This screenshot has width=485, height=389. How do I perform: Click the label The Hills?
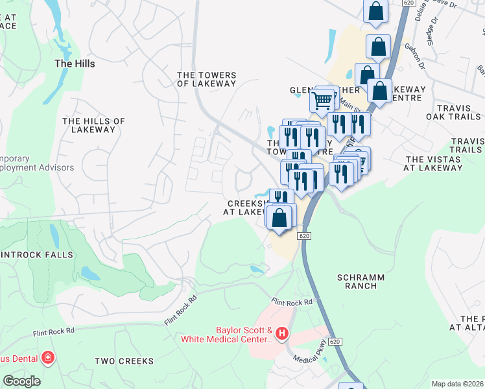point(75,64)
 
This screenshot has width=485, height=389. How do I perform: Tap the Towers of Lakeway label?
point(207,79)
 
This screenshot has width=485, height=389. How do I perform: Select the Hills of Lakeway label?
point(93,125)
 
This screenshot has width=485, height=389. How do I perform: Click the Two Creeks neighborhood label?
point(124,361)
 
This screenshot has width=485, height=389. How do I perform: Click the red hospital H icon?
point(282,334)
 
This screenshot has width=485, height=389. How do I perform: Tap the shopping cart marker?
point(322,100)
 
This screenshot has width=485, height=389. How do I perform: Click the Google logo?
point(21,381)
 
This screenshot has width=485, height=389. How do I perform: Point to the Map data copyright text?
point(458,384)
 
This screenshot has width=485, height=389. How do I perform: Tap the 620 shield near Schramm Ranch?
point(305,237)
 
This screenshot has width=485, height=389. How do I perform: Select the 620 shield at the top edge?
point(407,3)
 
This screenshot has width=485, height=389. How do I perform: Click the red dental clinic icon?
point(47,357)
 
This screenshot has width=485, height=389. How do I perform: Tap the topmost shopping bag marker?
point(375,10)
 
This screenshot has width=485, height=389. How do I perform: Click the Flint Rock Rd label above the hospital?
point(292,302)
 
